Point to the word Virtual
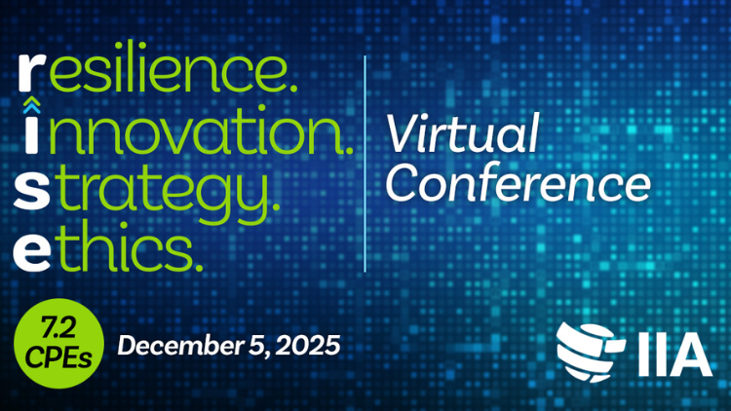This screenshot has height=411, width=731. point(462,133)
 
